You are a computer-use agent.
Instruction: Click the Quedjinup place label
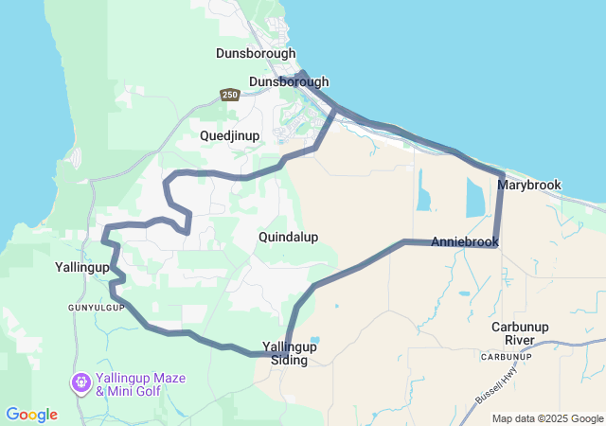tap(229, 136)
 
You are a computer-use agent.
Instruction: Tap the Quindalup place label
tap(288, 237)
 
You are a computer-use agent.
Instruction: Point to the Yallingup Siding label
tap(289, 353)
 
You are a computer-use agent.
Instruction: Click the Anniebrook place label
tap(464, 242)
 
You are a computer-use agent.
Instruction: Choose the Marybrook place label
tap(529, 185)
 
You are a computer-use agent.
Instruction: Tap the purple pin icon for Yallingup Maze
tap(80, 383)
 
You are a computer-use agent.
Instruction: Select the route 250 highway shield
tap(229, 95)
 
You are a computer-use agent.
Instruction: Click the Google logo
tap(31, 415)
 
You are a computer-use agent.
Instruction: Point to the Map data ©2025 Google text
tap(548, 418)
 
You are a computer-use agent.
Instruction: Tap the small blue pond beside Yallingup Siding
tap(314, 340)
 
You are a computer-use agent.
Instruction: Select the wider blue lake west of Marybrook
tap(474, 197)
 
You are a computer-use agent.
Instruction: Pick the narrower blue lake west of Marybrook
tap(423, 194)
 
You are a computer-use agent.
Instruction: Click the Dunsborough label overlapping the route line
tap(289, 82)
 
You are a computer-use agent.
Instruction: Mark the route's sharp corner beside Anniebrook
tap(495, 244)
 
